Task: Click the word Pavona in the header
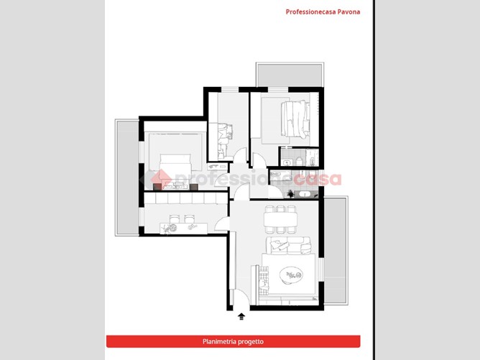pos(349,12)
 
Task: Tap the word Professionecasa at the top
pos(310,12)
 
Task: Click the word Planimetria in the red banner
pos(218,341)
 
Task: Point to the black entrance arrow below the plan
pos(241,317)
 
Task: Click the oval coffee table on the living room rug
pos(291,275)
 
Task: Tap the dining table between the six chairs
pos(280,219)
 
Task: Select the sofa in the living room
pos(288,245)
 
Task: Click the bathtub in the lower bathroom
pos(305,194)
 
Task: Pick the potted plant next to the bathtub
pos(290,193)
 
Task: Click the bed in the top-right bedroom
pos(295,119)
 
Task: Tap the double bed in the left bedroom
pos(175,172)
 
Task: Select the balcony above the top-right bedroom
pos(290,75)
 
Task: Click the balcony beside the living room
pos(336,250)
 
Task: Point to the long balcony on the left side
pos(127,177)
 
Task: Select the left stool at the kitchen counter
pos(174,218)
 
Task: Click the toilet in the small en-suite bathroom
pos(299,161)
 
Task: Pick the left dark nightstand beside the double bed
pos(157,187)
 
